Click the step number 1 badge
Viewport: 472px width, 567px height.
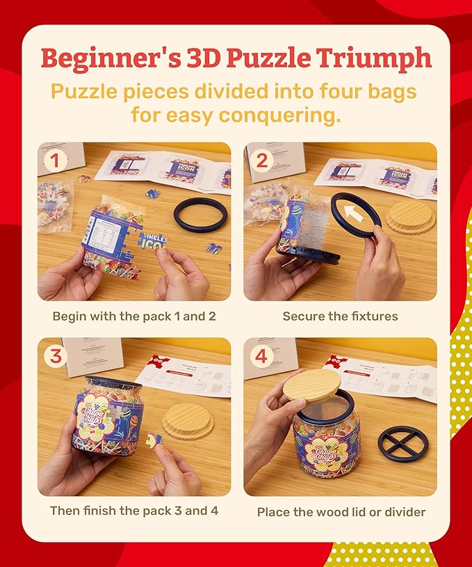[55, 161]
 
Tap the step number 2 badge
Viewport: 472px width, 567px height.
[261, 161]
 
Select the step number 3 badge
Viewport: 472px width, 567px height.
[56, 356]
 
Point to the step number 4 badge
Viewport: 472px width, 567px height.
[261, 356]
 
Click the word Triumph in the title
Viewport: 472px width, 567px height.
[373, 58]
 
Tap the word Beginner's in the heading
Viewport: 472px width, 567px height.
[111, 58]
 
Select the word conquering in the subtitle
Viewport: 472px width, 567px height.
[280, 115]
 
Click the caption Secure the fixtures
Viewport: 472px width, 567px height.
[340, 317]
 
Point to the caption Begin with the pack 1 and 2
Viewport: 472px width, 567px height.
[134, 317]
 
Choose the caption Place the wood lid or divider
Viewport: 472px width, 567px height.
[341, 512]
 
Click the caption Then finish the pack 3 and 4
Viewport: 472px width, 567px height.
[134, 511]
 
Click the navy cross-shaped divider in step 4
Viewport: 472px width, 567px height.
[403, 443]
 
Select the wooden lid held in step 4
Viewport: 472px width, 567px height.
[311, 385]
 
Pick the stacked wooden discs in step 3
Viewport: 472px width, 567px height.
[188, 420]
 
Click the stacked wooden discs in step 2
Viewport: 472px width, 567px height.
[411, 218]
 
